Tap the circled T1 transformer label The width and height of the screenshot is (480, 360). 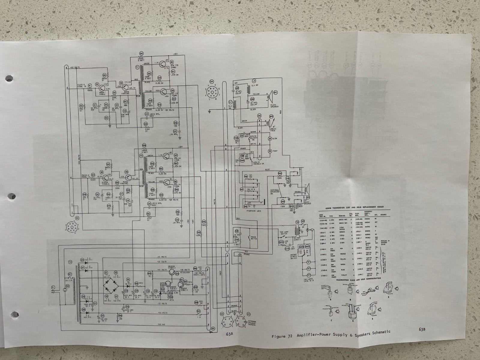tap(137, 68)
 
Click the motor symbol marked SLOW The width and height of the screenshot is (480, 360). tap(270, 139)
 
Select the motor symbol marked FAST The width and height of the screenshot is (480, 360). tap(270, 150)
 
